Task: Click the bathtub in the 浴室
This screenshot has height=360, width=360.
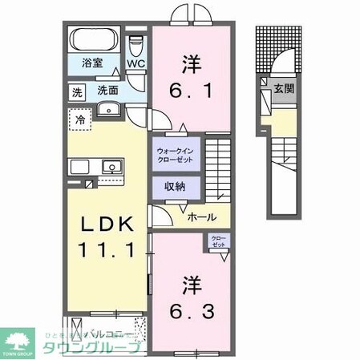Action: [x=95, y=41]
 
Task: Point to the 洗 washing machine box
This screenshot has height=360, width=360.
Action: [x=78, y=91]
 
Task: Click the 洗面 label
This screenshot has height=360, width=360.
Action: [x=109, y=91]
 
